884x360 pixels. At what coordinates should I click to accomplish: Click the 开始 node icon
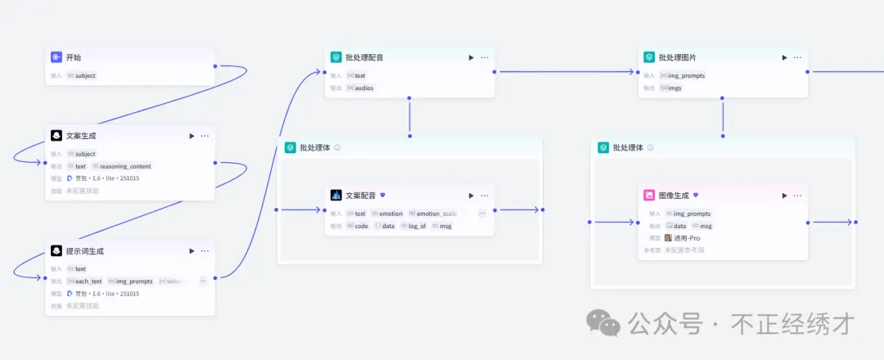click(56, 57)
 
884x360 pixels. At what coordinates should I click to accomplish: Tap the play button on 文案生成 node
click(192, 136)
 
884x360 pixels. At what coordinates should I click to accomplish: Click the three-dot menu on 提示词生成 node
click(205, 251)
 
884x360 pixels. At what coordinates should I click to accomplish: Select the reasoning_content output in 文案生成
click(125, 166)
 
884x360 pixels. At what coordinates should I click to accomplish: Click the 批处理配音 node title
click(364, 57)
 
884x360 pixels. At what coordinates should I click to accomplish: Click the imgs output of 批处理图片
click(674, 88)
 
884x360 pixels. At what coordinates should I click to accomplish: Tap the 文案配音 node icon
click(336, 196)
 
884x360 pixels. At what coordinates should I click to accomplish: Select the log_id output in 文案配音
click(416, 226)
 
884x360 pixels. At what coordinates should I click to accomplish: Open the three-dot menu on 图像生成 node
click(798, 196)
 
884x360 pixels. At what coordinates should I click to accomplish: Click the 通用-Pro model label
click(686, 238)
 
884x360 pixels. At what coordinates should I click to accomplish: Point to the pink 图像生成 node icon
click(649, 196)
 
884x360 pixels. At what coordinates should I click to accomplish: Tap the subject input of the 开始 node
click(85, 75)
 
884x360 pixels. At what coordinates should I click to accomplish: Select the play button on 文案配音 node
click(471, 196)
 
